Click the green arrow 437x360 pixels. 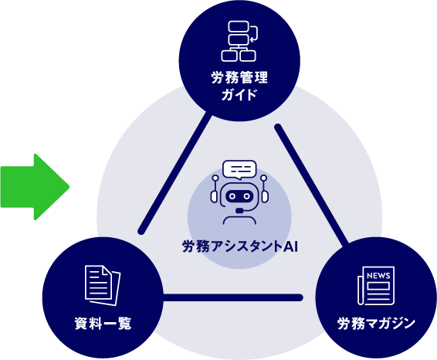[x=35, y=187]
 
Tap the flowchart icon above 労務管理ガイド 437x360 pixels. [x=239, y=41]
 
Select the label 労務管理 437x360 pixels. [x=239, y=77]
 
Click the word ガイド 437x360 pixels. [x=239, y=95]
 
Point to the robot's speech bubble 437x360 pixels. [x=239, y=169]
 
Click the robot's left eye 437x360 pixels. [x=232, y=196]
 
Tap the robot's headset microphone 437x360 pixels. [x=239, y=210]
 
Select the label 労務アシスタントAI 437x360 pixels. [x=240, y=246]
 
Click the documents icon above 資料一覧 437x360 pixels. [x=103, y=286]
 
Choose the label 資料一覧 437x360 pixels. [x=103, y=324]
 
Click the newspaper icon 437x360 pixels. [x=376, y=286]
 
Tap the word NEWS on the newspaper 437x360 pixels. [x=378, y=276]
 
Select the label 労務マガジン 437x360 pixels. [x=376, y=324]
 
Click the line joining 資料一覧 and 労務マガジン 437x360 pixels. [x=232, y=297]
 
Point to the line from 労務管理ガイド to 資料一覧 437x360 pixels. [x=174, y=172]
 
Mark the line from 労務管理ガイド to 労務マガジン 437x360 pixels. [x=311, y=185]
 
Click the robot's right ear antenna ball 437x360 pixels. [x=263, y=178]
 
